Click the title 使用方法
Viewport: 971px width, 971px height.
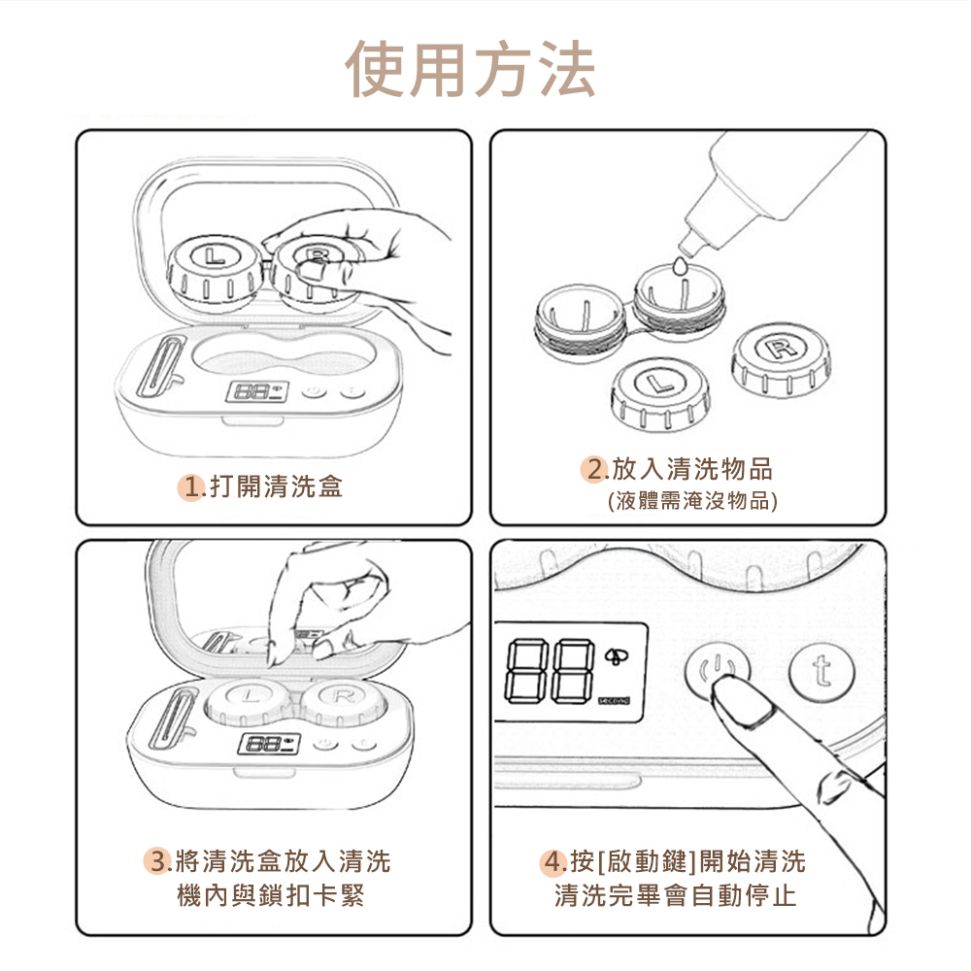471,69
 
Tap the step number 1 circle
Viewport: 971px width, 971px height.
191,487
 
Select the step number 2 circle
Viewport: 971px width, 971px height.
594,469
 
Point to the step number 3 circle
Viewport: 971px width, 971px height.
157,861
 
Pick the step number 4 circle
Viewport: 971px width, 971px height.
553,861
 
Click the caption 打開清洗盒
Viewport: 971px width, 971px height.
276,486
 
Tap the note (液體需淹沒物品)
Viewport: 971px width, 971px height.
692,500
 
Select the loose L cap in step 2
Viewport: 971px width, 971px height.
660,394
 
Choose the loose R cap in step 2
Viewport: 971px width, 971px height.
781,360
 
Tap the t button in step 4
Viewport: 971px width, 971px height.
821,671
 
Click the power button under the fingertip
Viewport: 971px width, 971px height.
718,670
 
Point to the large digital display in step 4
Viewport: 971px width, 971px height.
570,672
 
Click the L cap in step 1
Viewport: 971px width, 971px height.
215,273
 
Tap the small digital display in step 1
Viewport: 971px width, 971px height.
257,391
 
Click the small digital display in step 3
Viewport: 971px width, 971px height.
269,744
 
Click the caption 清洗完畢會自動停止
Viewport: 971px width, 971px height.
675,895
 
